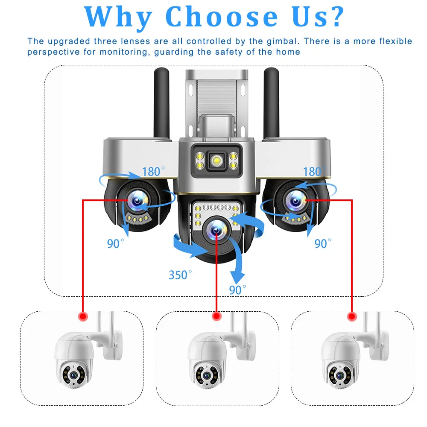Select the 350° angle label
pyautogui.click(x=180, y=275)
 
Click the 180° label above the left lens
pyautogui.click(x=154, y=172)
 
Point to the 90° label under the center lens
pyautogui.click(x=238, y=290)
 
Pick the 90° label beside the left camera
pyautogui.click(x=116, y=244)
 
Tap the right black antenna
pyautogui.click(x=272, y=102)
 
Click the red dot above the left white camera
pyautogui.click(x=82, y=316)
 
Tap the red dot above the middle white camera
pyautogui.click(x=216, y=316)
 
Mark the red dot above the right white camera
pyautogui.click(x=352, y=316)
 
